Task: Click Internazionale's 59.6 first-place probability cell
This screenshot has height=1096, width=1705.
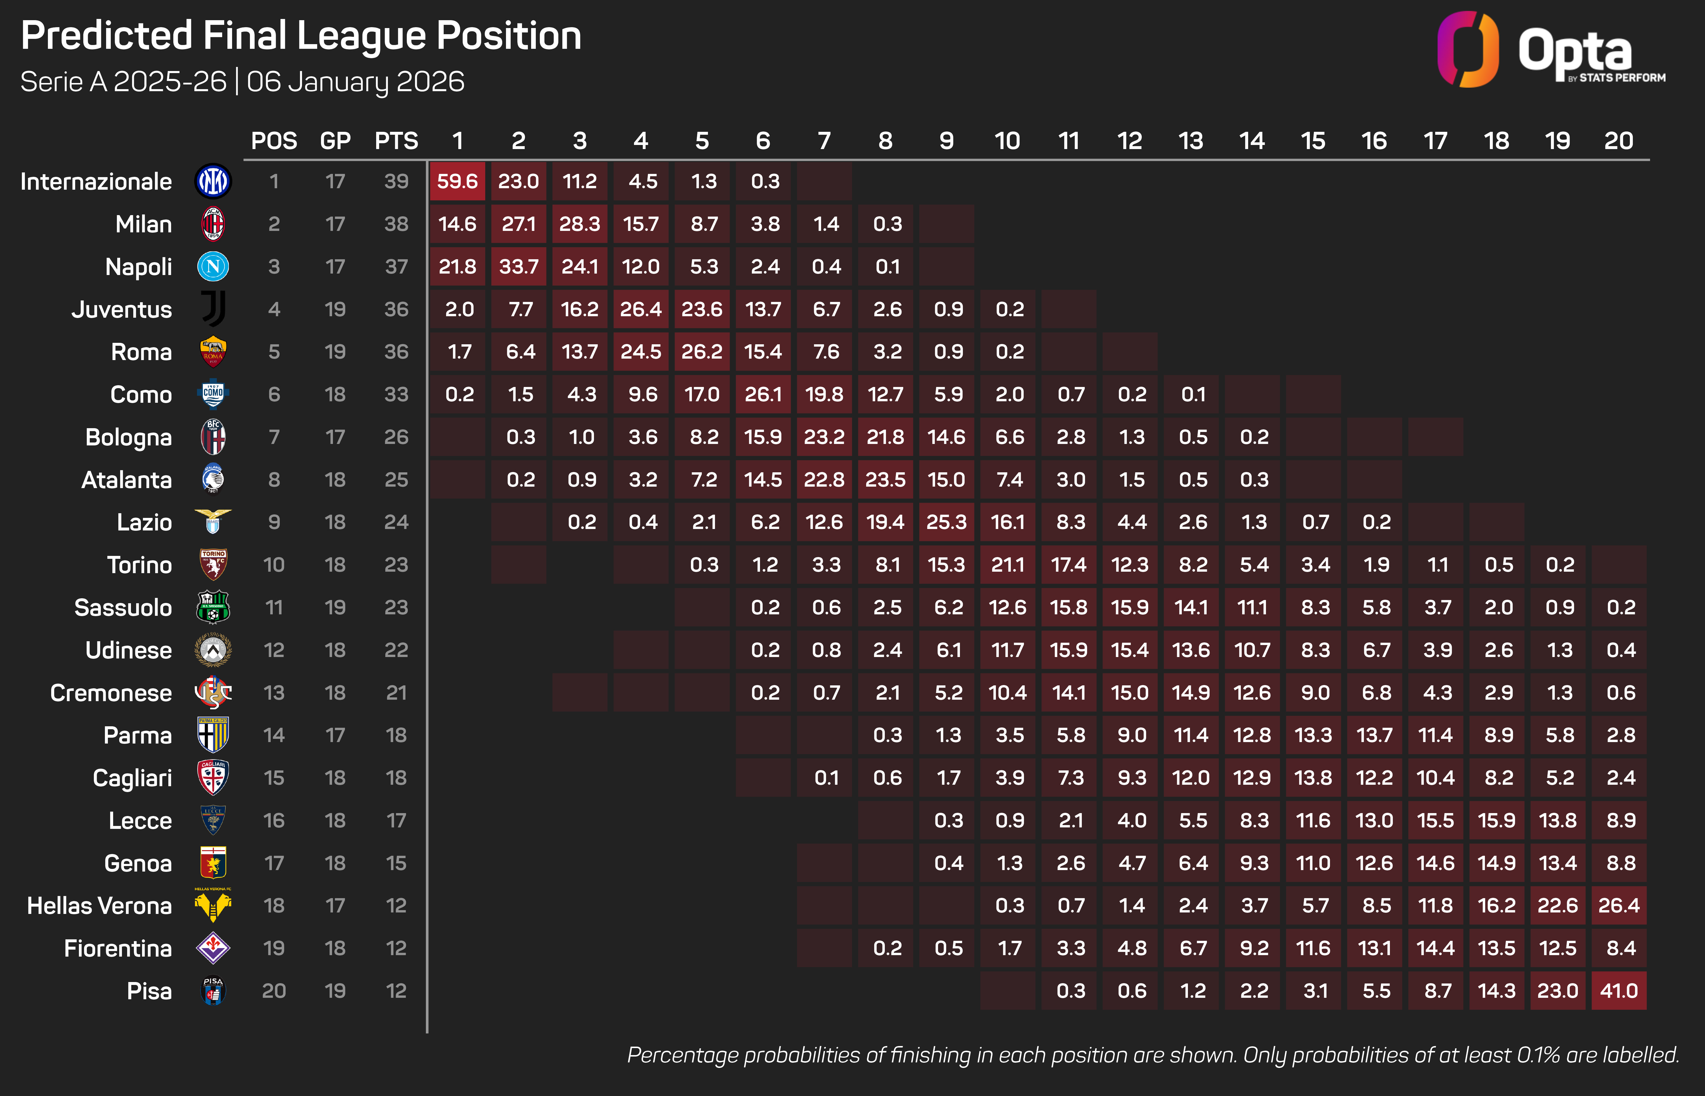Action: coord(457,181)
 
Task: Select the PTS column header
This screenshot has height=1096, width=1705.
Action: coord(396,141)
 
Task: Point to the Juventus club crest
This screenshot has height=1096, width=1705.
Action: coord(213,309)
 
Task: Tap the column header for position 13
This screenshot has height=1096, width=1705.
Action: coord(1191,141)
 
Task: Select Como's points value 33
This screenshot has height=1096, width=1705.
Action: coord(396,394)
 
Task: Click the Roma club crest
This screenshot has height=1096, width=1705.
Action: coord(213,352)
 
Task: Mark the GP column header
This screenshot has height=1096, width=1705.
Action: coord(335,141)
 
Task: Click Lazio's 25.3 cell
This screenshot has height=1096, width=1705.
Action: coord(946,522)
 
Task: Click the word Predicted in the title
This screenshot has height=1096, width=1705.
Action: coord(107,36)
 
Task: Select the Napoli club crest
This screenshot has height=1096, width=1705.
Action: coord(213,267)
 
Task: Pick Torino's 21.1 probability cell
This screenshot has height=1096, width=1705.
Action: coord(1008,565)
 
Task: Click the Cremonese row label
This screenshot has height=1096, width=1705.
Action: coord(111,692)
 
